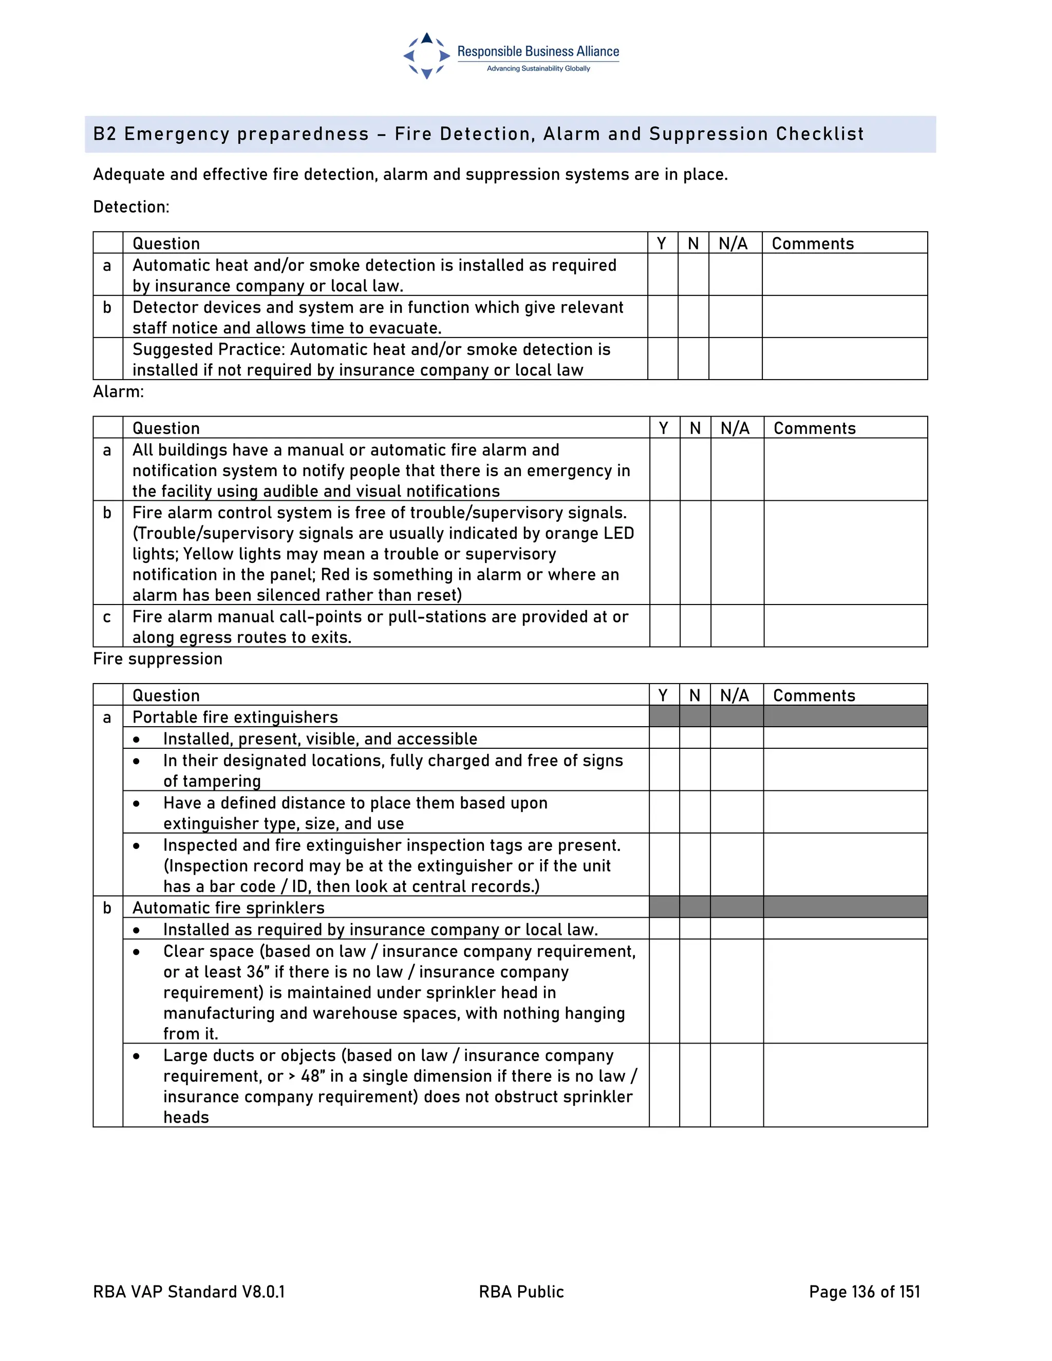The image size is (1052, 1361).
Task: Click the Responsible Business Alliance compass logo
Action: (426, 56)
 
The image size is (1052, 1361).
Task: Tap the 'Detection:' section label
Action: (131, 207)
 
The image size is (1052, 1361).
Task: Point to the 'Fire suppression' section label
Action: (157, 659)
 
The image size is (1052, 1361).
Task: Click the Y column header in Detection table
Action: (662, 243)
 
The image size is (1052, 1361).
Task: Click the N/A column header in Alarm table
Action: (736, 428)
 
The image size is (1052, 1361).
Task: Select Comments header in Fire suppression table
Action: (814, 695)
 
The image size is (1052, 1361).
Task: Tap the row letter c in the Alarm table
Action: (107, 617)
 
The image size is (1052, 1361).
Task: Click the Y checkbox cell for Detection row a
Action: (663, 275)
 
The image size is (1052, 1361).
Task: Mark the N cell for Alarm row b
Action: (695, 552)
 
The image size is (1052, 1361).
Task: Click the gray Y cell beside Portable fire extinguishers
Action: (664, 716)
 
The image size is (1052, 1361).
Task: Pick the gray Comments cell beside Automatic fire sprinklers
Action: (844, 908)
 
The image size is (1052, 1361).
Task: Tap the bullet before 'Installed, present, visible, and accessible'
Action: (137, 740)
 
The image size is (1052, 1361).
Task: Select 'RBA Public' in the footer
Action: (521, 1292)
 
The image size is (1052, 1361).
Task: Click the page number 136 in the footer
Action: (862, 1292)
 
